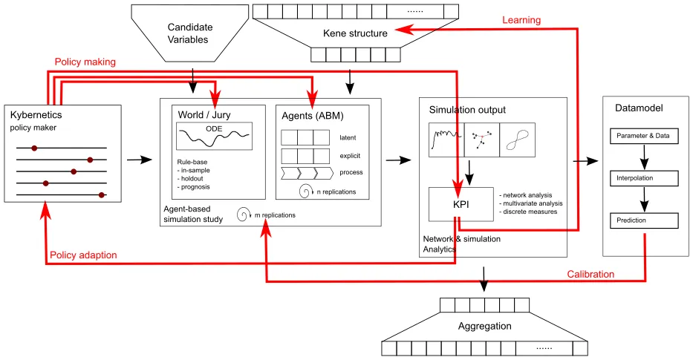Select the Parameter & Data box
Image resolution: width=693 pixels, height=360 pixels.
click(643, 137)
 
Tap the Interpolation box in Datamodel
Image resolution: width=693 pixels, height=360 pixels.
click(643, 179)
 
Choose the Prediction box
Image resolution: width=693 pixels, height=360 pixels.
click(643, 220)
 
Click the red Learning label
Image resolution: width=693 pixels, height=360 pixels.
click(521, 19)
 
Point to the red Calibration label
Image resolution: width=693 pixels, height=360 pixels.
click(590, 274)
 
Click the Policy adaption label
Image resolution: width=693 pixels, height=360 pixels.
click(83, 255)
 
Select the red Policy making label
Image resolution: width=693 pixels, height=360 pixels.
click(85, 62)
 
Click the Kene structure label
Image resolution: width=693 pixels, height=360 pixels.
click(355, 33)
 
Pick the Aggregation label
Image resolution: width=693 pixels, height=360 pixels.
click(484, 326)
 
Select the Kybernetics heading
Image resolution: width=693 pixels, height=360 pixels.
click(36, 116)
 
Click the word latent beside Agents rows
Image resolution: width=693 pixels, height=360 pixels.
click(348, 137)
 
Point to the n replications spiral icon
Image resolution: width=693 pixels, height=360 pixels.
click(305, 191)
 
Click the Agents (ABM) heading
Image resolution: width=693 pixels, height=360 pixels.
click(313, 115)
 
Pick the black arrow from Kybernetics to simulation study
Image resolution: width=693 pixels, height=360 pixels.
click(137, 159)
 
